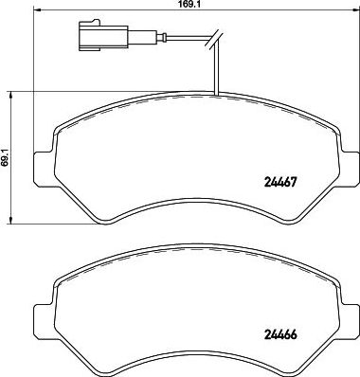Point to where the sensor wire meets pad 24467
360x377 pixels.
coord(217,95)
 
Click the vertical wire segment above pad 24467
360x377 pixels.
coord(217,71)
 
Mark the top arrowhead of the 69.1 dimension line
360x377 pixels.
coord(10,93)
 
